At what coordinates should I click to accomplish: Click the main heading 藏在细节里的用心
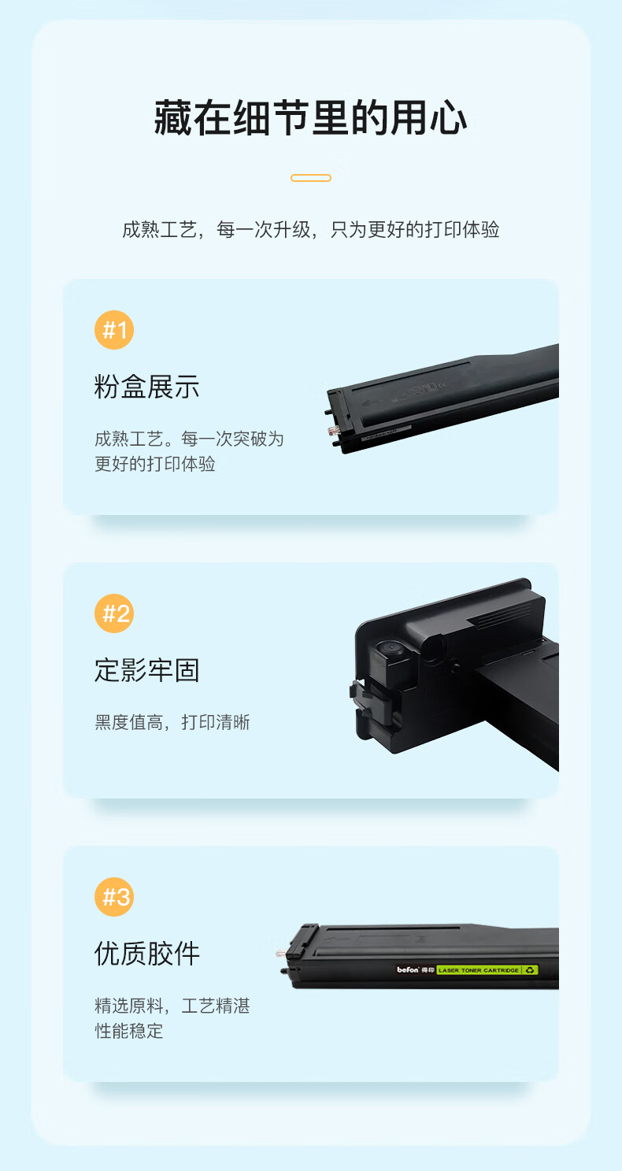pos(310,118)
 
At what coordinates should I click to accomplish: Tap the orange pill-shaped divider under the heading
pos(310,178)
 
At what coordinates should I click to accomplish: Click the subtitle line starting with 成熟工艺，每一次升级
pos(310,229)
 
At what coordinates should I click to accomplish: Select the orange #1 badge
pos(114,330)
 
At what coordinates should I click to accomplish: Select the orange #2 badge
pos(114,613)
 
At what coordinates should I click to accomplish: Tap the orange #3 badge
pos(114,896)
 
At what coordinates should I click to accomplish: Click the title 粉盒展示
pos(147,387)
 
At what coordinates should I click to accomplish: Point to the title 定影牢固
pos(147,670)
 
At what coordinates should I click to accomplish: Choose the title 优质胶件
pos(147,954)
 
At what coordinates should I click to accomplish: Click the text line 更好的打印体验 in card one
pos(155,464)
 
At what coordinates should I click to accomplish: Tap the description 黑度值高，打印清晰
pos(172,722)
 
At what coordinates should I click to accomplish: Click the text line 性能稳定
pos(128,1031)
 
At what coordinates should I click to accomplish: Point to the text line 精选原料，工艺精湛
pos(172,1006)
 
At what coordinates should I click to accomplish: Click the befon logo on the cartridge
pos(408,969)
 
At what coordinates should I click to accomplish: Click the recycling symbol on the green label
pos(530,969)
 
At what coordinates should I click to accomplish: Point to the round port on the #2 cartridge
pos(391,647)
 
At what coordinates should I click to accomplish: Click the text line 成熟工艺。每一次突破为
pos(189,439)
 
